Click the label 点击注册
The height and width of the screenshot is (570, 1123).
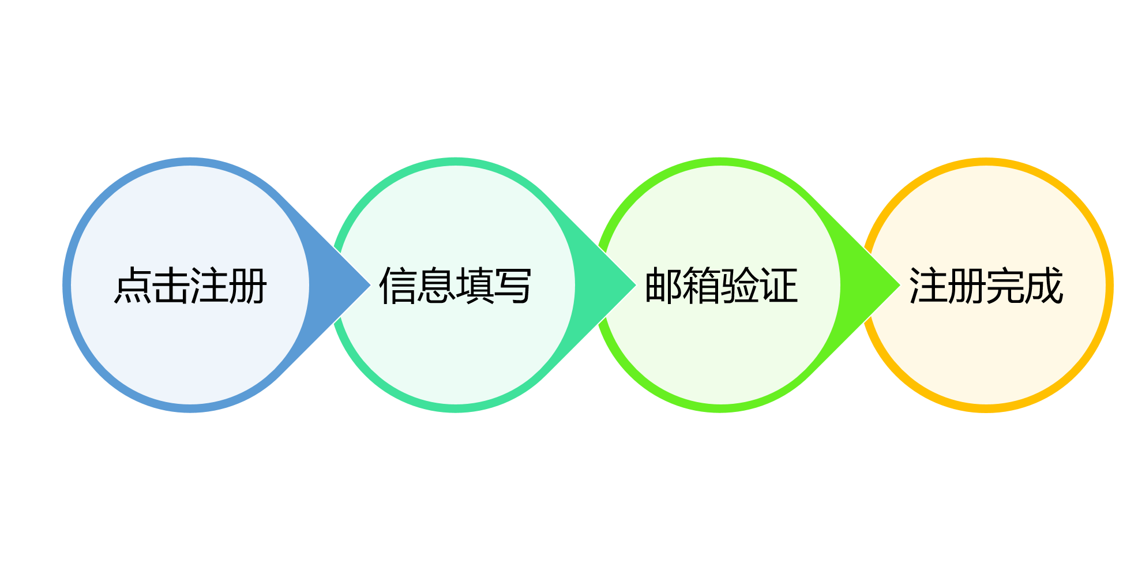tap(190, 286)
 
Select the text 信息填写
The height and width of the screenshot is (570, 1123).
tap(455, 286)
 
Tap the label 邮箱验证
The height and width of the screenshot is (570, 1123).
tap(721, 286)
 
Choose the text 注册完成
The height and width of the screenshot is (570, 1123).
tap(986, 286)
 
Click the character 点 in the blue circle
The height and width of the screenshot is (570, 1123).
tap(133, 286)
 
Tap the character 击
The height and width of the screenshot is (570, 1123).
tap(171, 286)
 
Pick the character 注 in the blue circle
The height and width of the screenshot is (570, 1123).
tap(209, 286)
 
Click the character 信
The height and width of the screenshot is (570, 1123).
tap(398, 286)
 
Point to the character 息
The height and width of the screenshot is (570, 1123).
tap(436, 286)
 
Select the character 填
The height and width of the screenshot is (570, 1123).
tap(475, 286)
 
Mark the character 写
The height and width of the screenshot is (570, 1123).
tap(513, 286)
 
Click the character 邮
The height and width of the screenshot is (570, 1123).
tap(663, 286)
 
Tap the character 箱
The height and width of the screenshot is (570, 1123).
tap(702, 286)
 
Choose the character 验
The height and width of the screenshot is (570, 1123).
tap(740, 286)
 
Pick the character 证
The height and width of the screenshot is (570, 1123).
tap(779, 286)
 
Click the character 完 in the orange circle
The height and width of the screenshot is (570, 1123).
tap(1005, 286)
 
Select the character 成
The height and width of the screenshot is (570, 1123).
tap(1044, 286)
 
